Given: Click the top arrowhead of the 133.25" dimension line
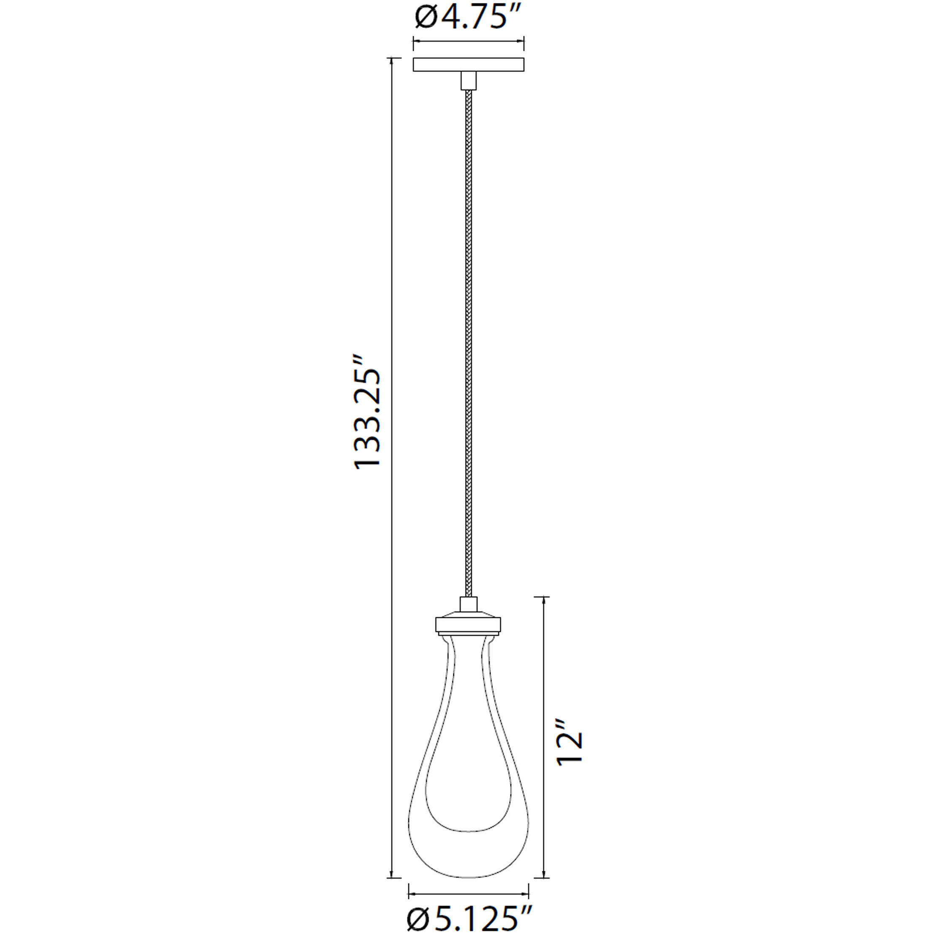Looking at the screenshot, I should pyautogui.click(x=392, y=61).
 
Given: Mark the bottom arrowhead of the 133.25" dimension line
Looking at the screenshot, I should pyautogui.click(x=392, y=875).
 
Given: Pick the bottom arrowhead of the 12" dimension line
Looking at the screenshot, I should pyautogui.click(x=545, y=875).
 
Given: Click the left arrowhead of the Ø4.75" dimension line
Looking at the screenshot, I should pyautogui.click(x=415, y=41).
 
